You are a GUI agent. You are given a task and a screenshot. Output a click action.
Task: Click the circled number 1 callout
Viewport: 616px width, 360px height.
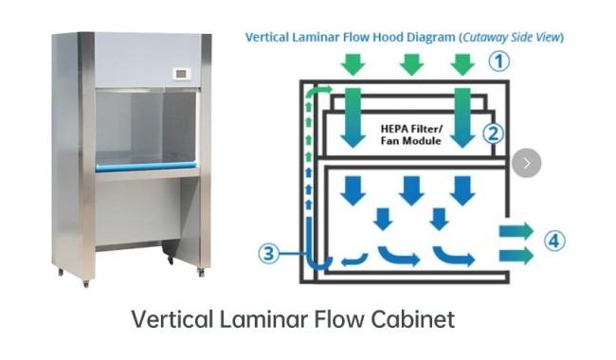coord(498,62)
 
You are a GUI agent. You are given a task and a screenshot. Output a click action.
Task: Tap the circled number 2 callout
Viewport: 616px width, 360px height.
coord(493,133)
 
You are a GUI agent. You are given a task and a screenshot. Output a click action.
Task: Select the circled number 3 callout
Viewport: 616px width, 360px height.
coord(269,253)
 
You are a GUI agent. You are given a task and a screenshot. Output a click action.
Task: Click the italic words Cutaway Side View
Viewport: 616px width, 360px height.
coord(513,38)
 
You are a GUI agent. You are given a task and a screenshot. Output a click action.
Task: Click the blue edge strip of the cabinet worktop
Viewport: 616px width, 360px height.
coord(146,168)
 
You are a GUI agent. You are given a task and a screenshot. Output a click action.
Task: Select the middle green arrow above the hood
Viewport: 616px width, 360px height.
coord(410,63)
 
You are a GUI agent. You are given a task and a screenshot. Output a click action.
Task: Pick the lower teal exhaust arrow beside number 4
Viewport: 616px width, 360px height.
coord(515,254)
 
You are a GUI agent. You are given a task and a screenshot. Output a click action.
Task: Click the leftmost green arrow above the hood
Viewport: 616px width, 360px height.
coord(353,63)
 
